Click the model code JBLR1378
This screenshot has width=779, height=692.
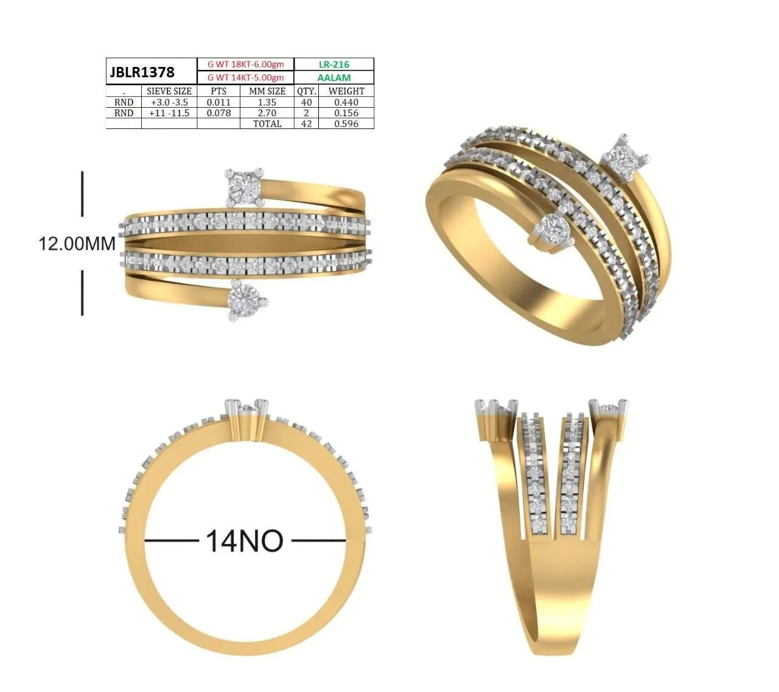pos(142,72)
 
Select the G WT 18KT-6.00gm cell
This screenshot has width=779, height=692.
pos(245,65)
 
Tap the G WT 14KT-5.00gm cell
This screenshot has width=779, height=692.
pos(245,77)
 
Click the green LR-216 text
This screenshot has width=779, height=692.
pos(334,65)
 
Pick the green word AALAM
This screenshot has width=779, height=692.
pos(334,78)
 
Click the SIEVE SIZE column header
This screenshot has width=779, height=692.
pos(169,91)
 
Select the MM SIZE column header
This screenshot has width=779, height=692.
pos(267,91)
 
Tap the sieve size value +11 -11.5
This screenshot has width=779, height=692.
pos(169,113)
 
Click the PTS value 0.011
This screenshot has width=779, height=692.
pos(218,102)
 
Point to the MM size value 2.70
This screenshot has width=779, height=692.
pos(267,113)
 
